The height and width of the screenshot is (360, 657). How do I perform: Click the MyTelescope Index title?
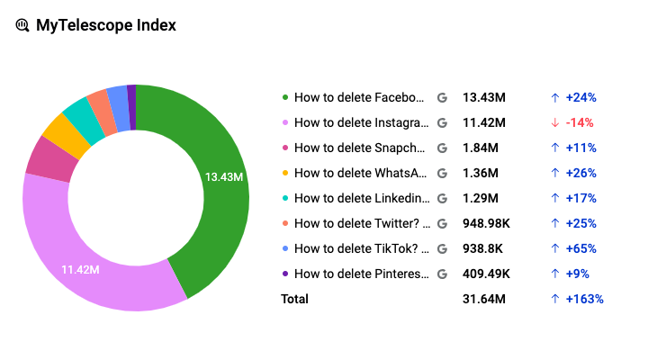pyautogui.click(x=105, y=25)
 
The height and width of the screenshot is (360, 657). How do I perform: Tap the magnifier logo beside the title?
pyautogui.click(x=22, y=25)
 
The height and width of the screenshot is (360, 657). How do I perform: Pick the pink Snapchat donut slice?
pyautogui.click(x=40, y=157)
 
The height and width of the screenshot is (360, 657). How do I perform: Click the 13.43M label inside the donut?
pyautogui.click(x=224, y=177)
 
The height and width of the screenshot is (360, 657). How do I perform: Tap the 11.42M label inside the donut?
pyautogui.click(x=80, y=269)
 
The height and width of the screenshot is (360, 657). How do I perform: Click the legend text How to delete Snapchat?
pyautogui.click(x=358, y=148)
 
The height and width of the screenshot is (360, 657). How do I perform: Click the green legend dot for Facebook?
pyautogui.click(x=285, y=97)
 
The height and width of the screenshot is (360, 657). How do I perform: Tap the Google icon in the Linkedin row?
pyautogui.click(x=441, y=198)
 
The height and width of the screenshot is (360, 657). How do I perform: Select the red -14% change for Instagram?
pyautogui.click(x=579, y=122)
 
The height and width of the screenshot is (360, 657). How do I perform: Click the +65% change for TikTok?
pyautogui.click(x=580, y=248)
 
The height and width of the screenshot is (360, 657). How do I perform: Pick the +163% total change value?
pyautogui.click(x=584, y=299)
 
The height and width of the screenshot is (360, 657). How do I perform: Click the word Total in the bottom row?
pyautogui.click(x=294, y=299)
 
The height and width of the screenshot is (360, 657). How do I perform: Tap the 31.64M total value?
pyautogui.click(x=484, y=299)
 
